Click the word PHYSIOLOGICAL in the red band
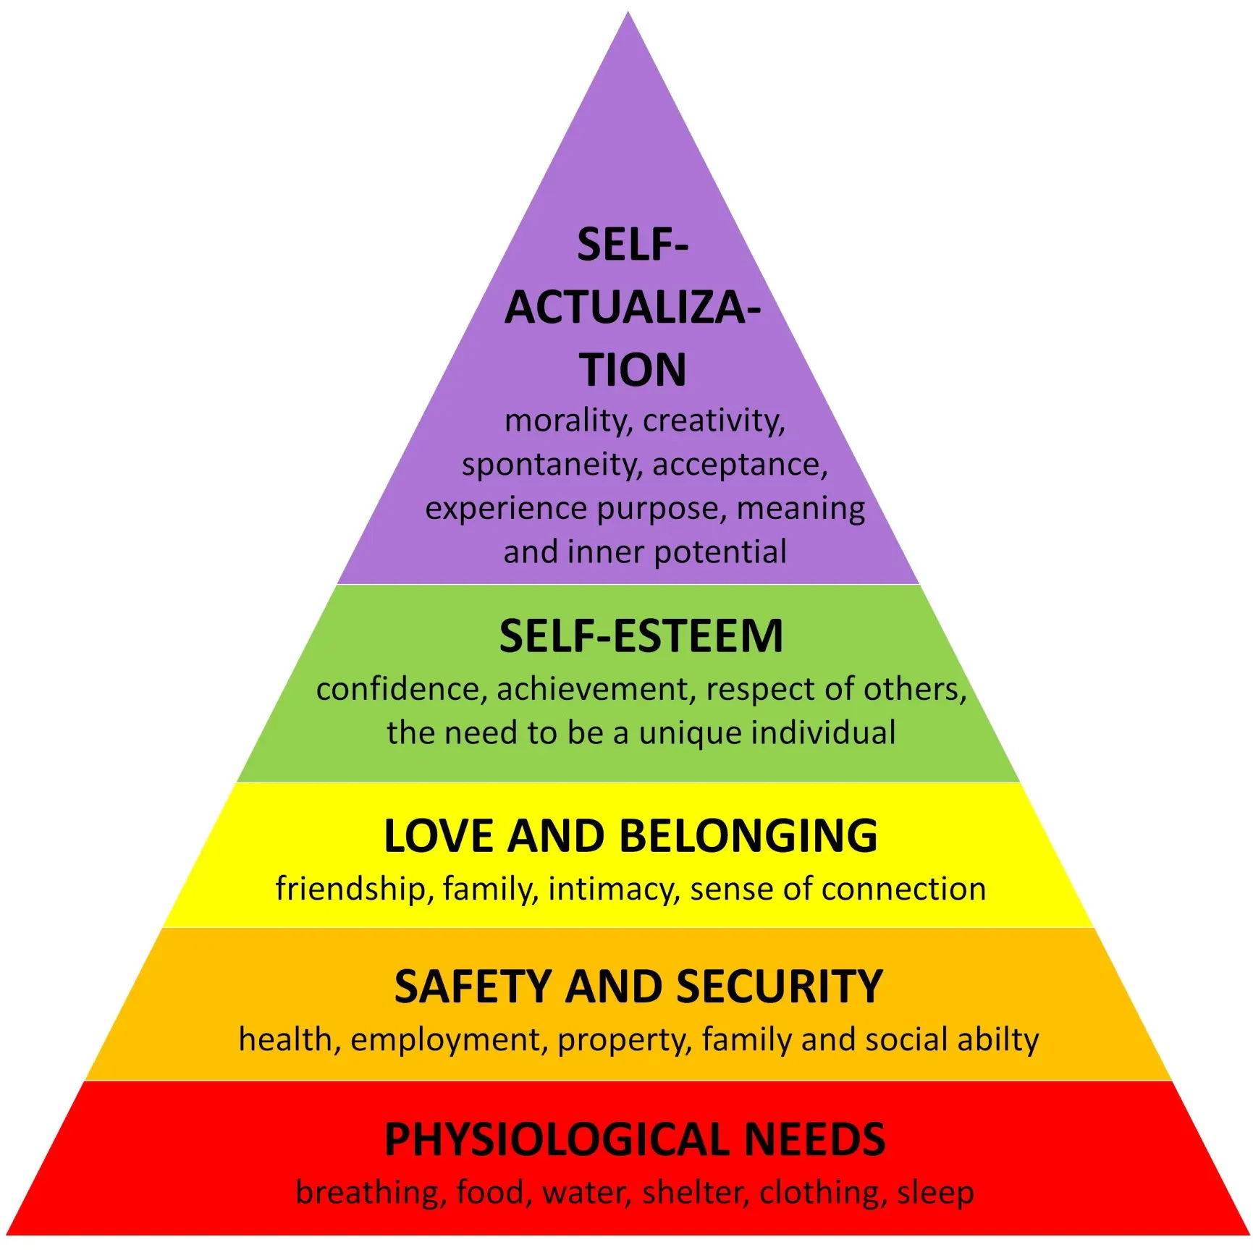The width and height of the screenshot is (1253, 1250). click(x=557, y=1140)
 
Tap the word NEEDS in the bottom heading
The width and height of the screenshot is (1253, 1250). click(x=814, y=1140)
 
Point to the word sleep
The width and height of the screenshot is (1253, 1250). click(x=935, y=1193)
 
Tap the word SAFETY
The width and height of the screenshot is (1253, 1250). click(x=473, y=987)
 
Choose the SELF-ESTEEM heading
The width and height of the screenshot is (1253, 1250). click(x=641, y=636)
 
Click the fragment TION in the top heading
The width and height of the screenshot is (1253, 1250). click(x=632, y=370)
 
